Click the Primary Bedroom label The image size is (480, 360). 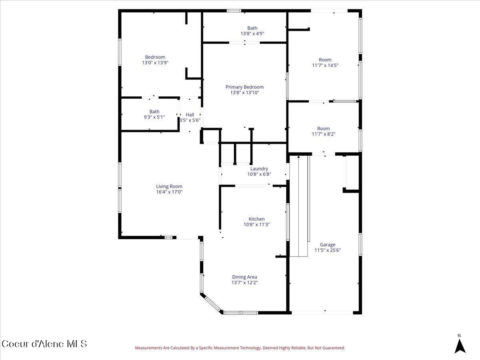click(244, 87)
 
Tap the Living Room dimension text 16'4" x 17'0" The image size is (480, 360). click(169, 192)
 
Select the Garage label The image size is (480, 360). click(327, 245)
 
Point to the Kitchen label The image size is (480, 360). click(256, 219)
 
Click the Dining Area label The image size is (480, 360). click(244, 277)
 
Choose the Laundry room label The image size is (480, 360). click(259, 169)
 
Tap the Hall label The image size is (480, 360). click(190, 115)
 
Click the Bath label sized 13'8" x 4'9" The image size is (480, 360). click(252, 28)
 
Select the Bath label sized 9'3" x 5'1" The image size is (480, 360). click(154, 112)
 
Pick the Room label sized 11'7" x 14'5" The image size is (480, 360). click(325, 60)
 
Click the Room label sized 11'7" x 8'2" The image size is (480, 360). click(323, 129)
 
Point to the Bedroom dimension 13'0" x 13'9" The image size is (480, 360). click(155, 63)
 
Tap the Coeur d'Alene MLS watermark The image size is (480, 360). click(44, 344)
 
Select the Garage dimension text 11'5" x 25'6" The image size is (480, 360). click(327, 250)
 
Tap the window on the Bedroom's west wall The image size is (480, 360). click(119, 52)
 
